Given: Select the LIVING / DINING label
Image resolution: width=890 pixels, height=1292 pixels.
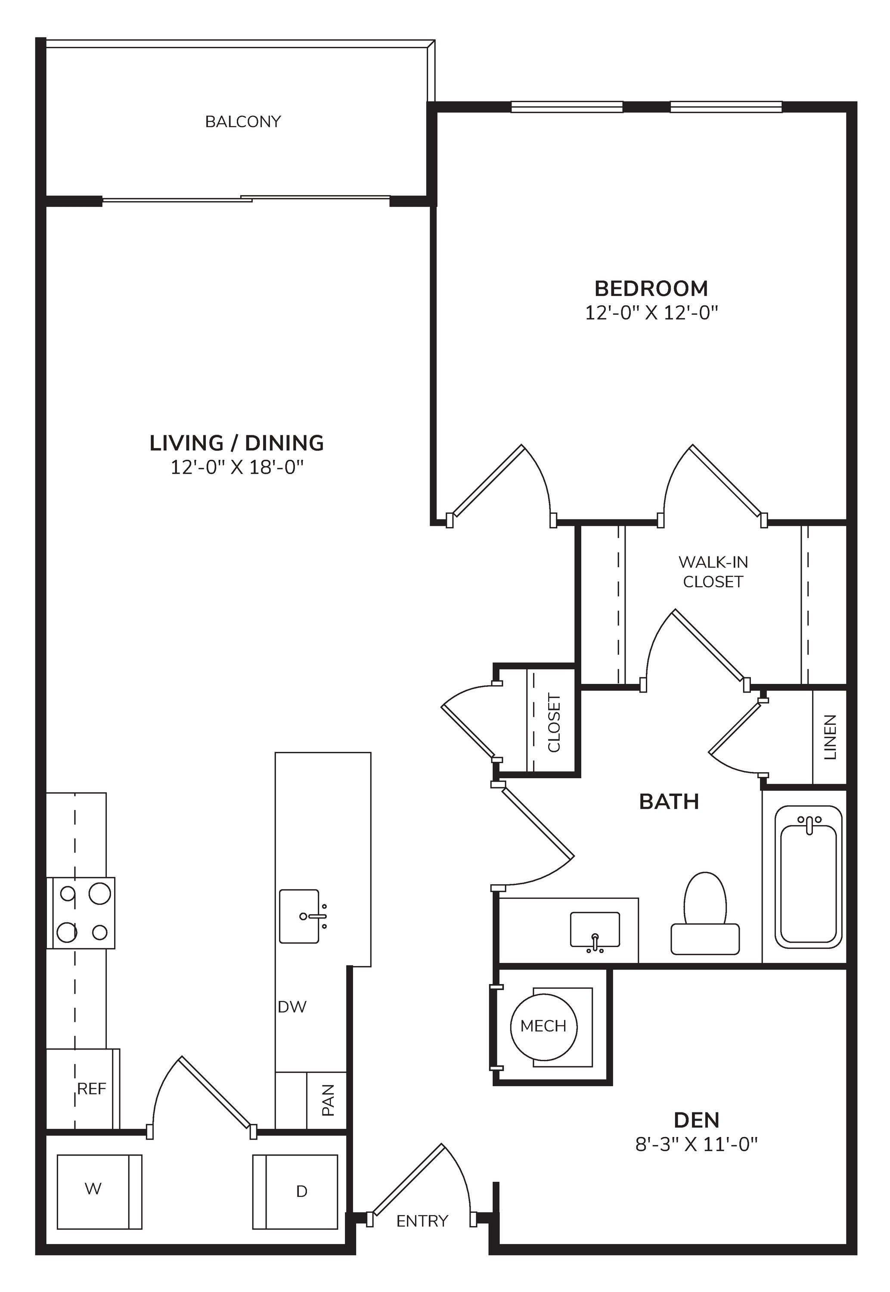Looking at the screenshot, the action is [x=236, y=443].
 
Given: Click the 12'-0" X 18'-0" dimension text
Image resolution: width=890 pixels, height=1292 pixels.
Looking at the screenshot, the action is [x=236, y=467].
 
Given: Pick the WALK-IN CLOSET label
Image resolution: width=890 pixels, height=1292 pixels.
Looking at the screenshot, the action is [x=713, y=571].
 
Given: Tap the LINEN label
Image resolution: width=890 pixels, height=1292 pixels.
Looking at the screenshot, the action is [x=830, y=737].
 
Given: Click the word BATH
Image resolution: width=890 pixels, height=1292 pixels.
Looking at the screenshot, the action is [x=669, y=801].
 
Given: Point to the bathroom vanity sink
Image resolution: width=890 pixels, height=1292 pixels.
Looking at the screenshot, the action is [x=595, y=931].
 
